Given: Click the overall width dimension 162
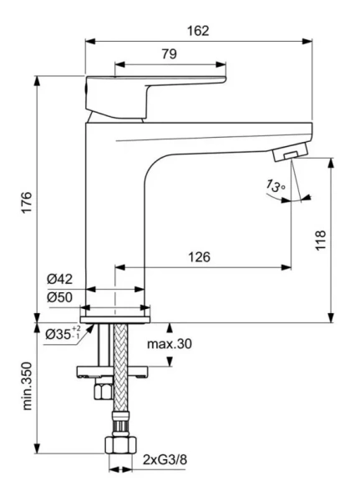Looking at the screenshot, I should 198,30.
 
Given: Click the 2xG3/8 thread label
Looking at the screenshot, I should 163,459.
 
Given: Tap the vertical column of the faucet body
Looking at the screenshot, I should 117,217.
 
